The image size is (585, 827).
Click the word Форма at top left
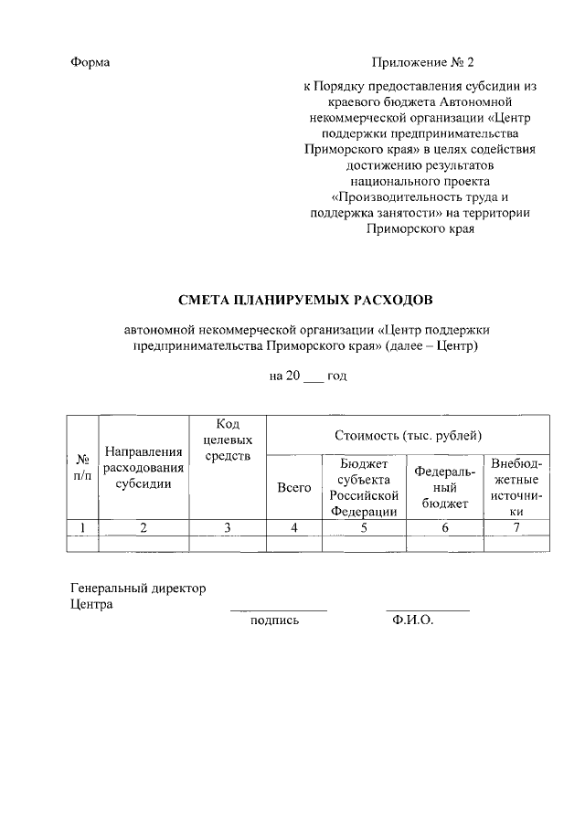click(90, 63)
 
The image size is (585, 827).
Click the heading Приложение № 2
click(423, 63)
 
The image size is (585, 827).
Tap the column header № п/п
click(82, 467)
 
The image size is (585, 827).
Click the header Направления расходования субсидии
click(143, 467)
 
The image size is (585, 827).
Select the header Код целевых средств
click(228, 440)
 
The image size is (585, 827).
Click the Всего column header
click(293, 488)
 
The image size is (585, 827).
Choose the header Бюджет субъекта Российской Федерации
click(363, 488)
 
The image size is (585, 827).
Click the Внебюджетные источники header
click(516, 488)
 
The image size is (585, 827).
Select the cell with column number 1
click(82, 526)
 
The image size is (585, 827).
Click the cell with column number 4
click(293, 526)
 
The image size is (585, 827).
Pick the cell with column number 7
click(516, 526)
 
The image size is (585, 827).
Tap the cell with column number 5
click(363, 526)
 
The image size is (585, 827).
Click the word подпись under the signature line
click(274, 620)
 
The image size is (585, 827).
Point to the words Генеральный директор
click(138, 588)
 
